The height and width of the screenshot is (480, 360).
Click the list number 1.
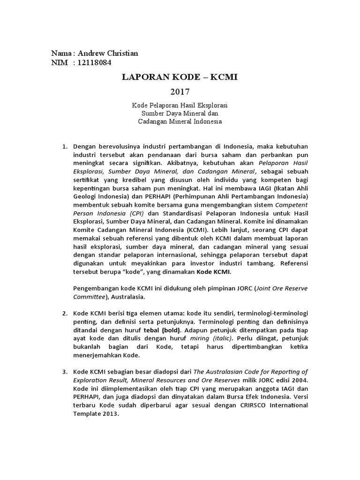[x=65, y=147]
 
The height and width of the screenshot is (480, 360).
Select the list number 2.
[x=65, y=313]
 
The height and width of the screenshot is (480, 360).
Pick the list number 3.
[x=65, y=372]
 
